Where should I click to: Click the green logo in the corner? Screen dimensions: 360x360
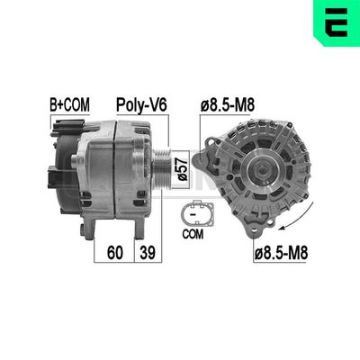[x=337, y=22]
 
